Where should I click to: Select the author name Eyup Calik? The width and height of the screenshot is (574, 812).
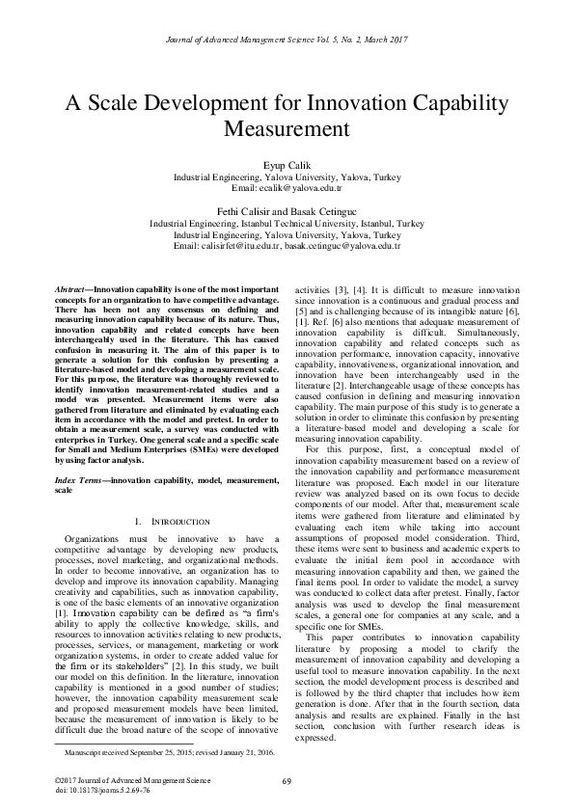coord(287,167)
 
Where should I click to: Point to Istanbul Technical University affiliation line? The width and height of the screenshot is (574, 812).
coord(287,223)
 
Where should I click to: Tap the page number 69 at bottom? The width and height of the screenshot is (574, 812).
coord(287,780)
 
